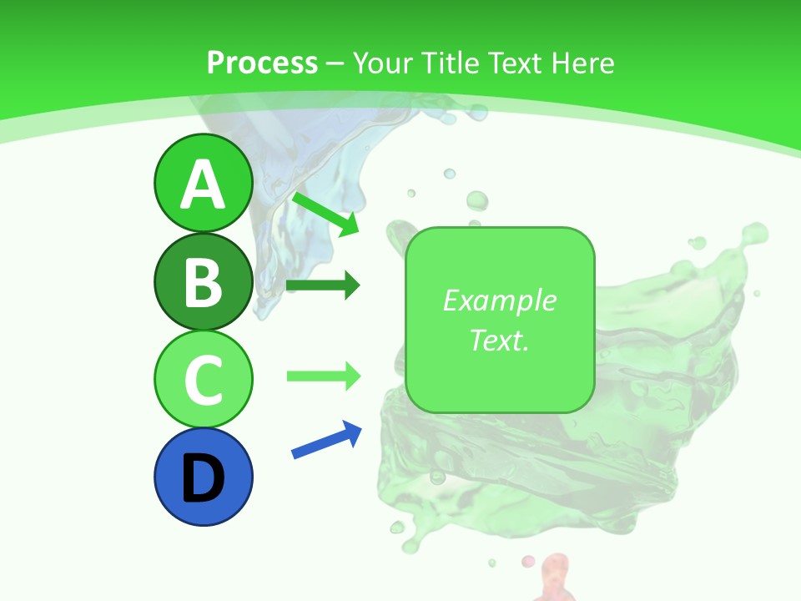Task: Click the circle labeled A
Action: (x=203, y=184)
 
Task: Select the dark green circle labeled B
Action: (x=203, y=281)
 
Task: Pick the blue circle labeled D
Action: (x=203, y=477)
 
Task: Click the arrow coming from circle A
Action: (x=325, y=214)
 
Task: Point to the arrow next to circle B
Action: (x=323, y=286)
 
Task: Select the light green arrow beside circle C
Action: (x=323, y=376)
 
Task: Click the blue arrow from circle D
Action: (x=326, y=440)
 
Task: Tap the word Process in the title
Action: (x=262, y=63)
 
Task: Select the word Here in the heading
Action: (x=581, y=63)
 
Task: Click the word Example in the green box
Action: (x=499, y=300)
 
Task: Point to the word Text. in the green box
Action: (x=499, y=340)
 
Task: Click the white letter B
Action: (x=203, y=282)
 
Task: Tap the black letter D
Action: (x=203, y=477)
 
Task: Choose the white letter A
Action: (x=203, y=184)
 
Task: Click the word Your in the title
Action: (x=380, y=63)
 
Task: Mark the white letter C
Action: (x=203, y=379)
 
